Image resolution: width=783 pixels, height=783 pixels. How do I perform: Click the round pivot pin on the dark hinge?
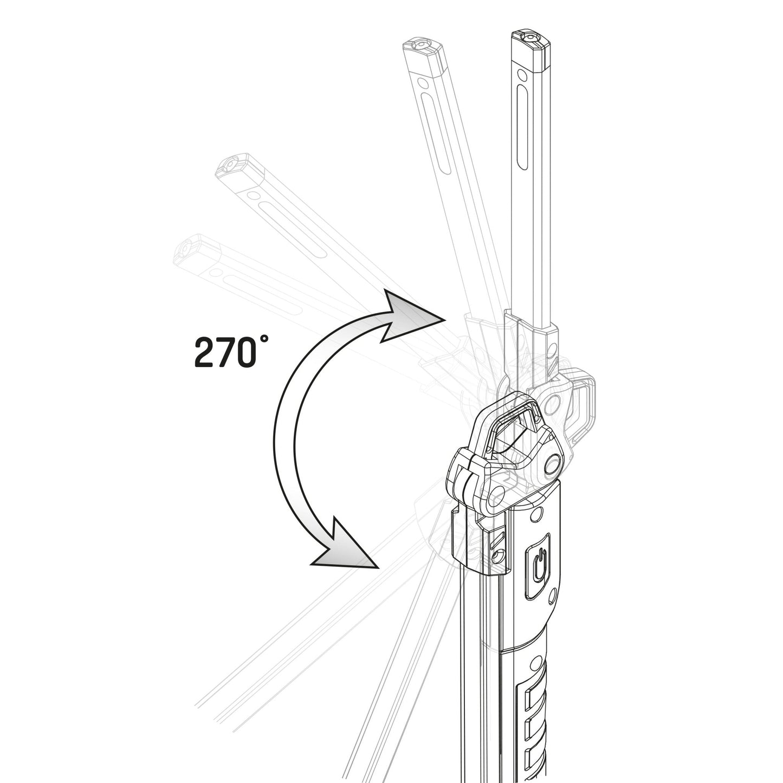(x=552, y=463)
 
